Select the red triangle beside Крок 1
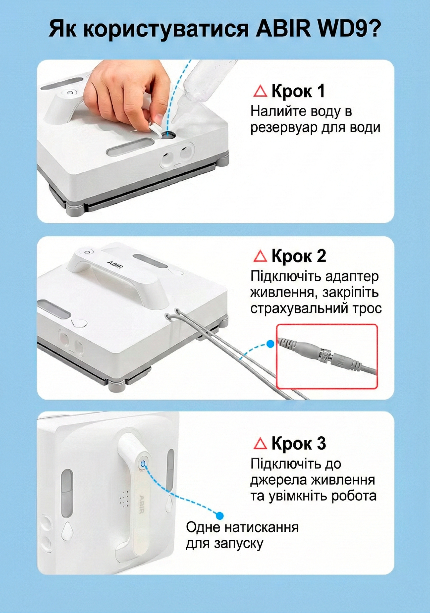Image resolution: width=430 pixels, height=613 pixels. pyautogui.click(x=260, y=91)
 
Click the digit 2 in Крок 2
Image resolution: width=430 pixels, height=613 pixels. pyautogui.click(x=320, y=256)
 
